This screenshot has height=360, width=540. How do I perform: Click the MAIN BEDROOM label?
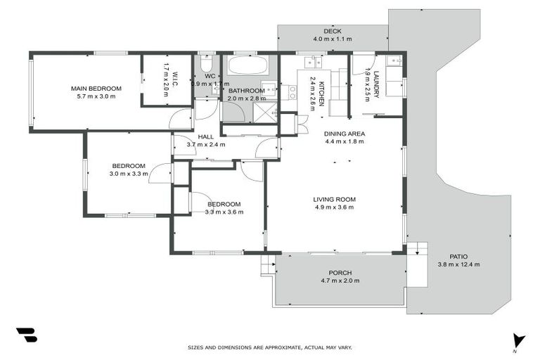coord(96,89)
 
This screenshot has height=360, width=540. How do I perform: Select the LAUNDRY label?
coord(377,85)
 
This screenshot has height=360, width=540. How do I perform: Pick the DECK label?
coord(333,32)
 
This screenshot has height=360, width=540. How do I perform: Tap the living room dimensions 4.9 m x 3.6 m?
coord(334,207)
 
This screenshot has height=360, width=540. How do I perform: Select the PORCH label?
coord(340,273)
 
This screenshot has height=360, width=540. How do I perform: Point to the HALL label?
coord(205,136)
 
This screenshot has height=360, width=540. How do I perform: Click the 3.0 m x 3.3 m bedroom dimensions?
coord(129,174)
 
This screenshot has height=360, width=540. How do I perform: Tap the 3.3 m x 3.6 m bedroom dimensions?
coord(224,212)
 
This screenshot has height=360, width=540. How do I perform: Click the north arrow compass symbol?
coord(518,341)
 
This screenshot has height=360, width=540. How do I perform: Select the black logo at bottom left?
coord(26,335)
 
